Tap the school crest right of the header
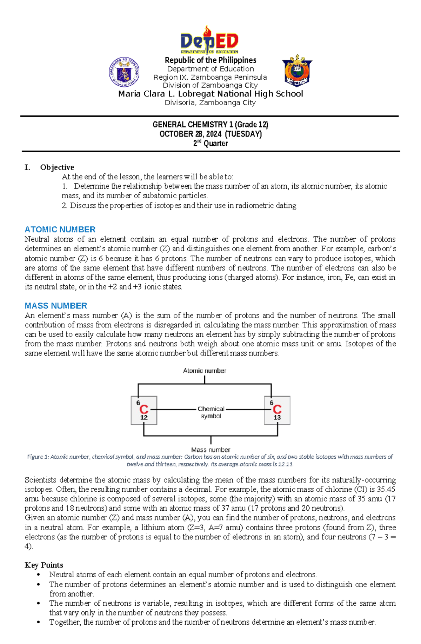[297, 71]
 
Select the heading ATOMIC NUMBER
[60, 230]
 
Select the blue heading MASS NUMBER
[56, 306]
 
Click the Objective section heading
[57, 167]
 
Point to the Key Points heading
[44, 565]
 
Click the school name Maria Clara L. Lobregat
[210, 94]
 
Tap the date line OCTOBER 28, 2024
[210, 134]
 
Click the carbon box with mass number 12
[144, 410]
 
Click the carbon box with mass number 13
[277, 410]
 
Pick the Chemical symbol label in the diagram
[211, 412]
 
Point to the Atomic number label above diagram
[205, 371]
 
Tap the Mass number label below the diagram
[210, 450]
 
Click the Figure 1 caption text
[210, 460]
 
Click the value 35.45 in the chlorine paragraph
[386, 489]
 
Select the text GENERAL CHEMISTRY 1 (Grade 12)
[210, 125]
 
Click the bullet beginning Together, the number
[212, 622]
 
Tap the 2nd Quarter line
[210, 143]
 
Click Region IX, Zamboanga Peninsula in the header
[210, 77]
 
